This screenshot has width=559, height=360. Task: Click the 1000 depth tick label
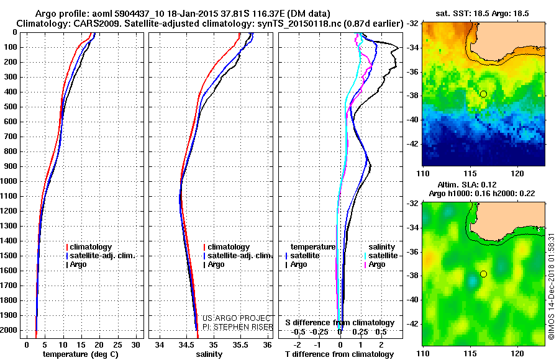9,181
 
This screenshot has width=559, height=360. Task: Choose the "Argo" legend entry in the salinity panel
216,264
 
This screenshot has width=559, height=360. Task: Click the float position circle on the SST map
483,94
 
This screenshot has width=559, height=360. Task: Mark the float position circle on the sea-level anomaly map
483,274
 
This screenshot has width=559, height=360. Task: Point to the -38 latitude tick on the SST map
412,96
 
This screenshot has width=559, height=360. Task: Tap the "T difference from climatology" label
340,354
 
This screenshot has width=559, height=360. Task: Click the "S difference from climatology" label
340,323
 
